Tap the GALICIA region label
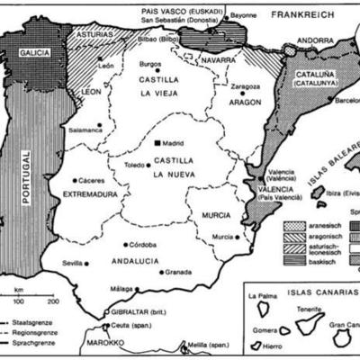point(32,53)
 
